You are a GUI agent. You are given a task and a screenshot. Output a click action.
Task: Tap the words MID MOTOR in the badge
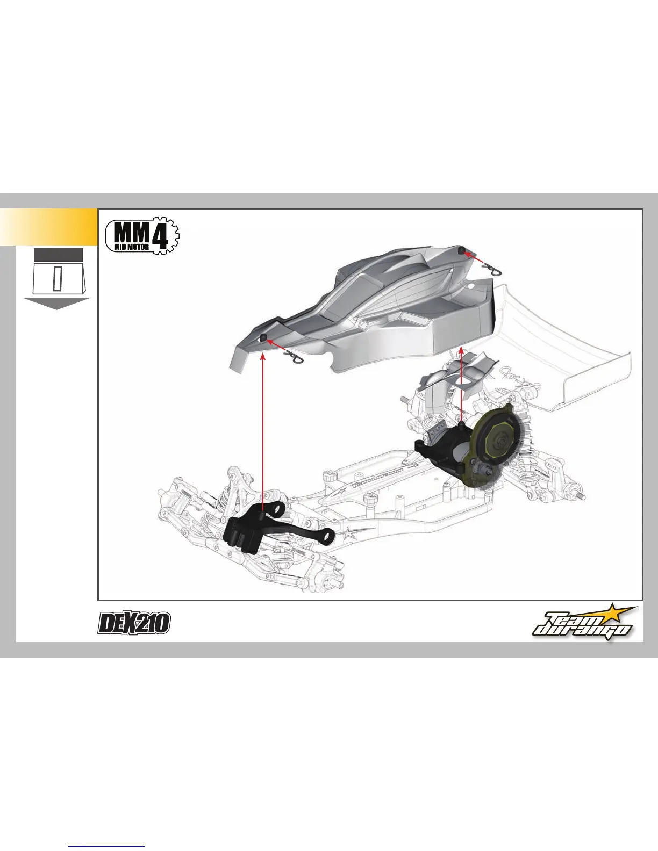coord(132,247)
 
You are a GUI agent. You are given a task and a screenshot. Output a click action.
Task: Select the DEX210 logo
coord(134,623)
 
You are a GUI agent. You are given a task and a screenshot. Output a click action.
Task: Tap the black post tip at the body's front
coord(263,337)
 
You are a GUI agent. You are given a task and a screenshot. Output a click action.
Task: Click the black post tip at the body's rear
coord(461,250)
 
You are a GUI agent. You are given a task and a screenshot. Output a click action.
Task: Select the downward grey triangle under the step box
coord(56,304)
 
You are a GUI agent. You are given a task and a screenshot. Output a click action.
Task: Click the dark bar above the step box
coord(58,255)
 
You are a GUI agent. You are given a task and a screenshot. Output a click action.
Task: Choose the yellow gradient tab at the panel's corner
coord(48,227)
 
